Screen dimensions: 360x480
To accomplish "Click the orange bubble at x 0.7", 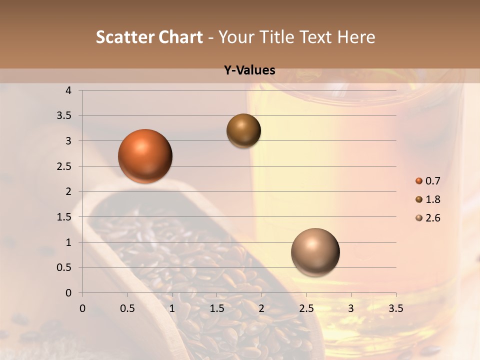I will pyautogui.click(x=145, y=156).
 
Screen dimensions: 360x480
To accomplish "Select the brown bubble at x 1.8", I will pyautogui.click(x=243, y=130).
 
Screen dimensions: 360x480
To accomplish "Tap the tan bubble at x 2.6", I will pyautogui.click(x=315, y=252).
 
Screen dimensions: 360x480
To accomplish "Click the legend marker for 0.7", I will pyautogui.click(x=419, y=181).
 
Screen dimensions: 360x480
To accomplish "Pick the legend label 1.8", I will pyautogui.click(x=432, y=199).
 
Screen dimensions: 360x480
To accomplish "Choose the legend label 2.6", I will pyautogui.click(x=432, y=218).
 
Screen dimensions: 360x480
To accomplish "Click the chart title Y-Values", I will pyautogui.click(x=249, y=70).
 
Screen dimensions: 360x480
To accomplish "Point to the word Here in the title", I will pyautogui.click(x=356, y=37).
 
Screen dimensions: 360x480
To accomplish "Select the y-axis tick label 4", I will pyautogui.click(x=69, y=90).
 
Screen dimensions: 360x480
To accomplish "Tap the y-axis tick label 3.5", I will pyautogui.click(x=65, y=116).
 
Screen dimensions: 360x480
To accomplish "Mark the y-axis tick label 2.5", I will pyautogui.click(x=65, y=166).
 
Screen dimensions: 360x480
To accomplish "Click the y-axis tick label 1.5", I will pyautogui.click(x=65, y=217).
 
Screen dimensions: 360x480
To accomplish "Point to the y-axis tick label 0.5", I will pyautogui.click(x=65, y=268).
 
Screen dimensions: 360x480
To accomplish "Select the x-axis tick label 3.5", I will pyautogui.click(x=395, y=308).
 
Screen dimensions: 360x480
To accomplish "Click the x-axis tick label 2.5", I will pyautogui.click(x=306, y=308).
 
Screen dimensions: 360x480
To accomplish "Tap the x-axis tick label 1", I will pyautogui.click(x=172, y=308).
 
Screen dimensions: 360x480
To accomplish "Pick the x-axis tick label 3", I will pyautogui.click(x=351, y=308).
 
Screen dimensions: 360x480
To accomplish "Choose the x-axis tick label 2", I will pyautogui.click(x=261, y=308).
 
